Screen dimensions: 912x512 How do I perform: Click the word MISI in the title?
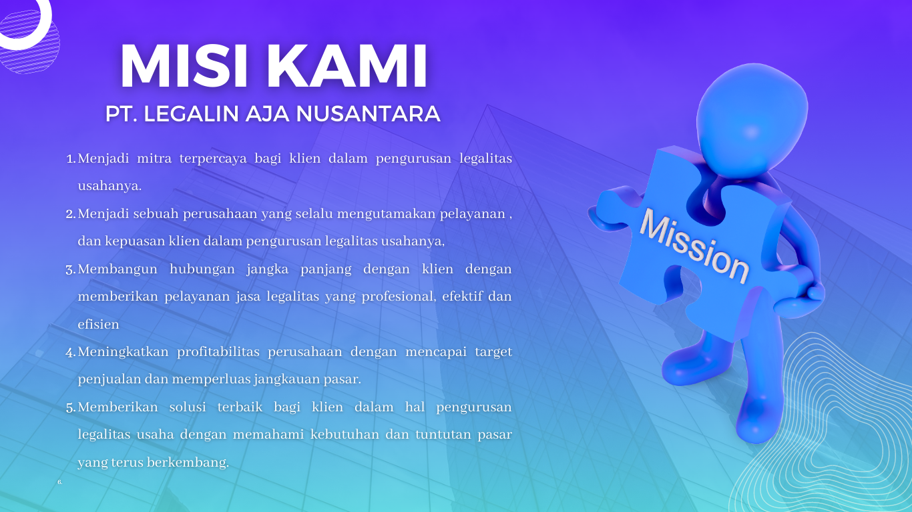[x=184, y=66]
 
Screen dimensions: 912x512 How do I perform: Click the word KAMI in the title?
[x=347, y=66]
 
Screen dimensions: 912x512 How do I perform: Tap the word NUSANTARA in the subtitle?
[x=368, y=114]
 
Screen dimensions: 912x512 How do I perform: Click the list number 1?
[x=71, y=159]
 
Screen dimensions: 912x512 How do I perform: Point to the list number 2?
[x=71, y=214]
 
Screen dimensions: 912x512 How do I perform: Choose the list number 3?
[x=71, y=269]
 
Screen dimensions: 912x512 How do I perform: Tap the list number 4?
[x=71, y=352]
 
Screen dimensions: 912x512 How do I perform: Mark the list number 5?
[x=71, y=407]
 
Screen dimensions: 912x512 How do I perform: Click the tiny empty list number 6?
[x=60, y=482]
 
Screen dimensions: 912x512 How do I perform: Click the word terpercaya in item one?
[x=213, y=159]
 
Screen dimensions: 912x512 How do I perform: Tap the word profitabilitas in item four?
[x=218, y=352]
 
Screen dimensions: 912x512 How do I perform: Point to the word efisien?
[x=99, y=325]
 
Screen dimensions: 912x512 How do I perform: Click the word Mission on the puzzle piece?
[x=694, y=245]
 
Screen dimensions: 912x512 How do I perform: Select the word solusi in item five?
[x=188, y=407]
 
